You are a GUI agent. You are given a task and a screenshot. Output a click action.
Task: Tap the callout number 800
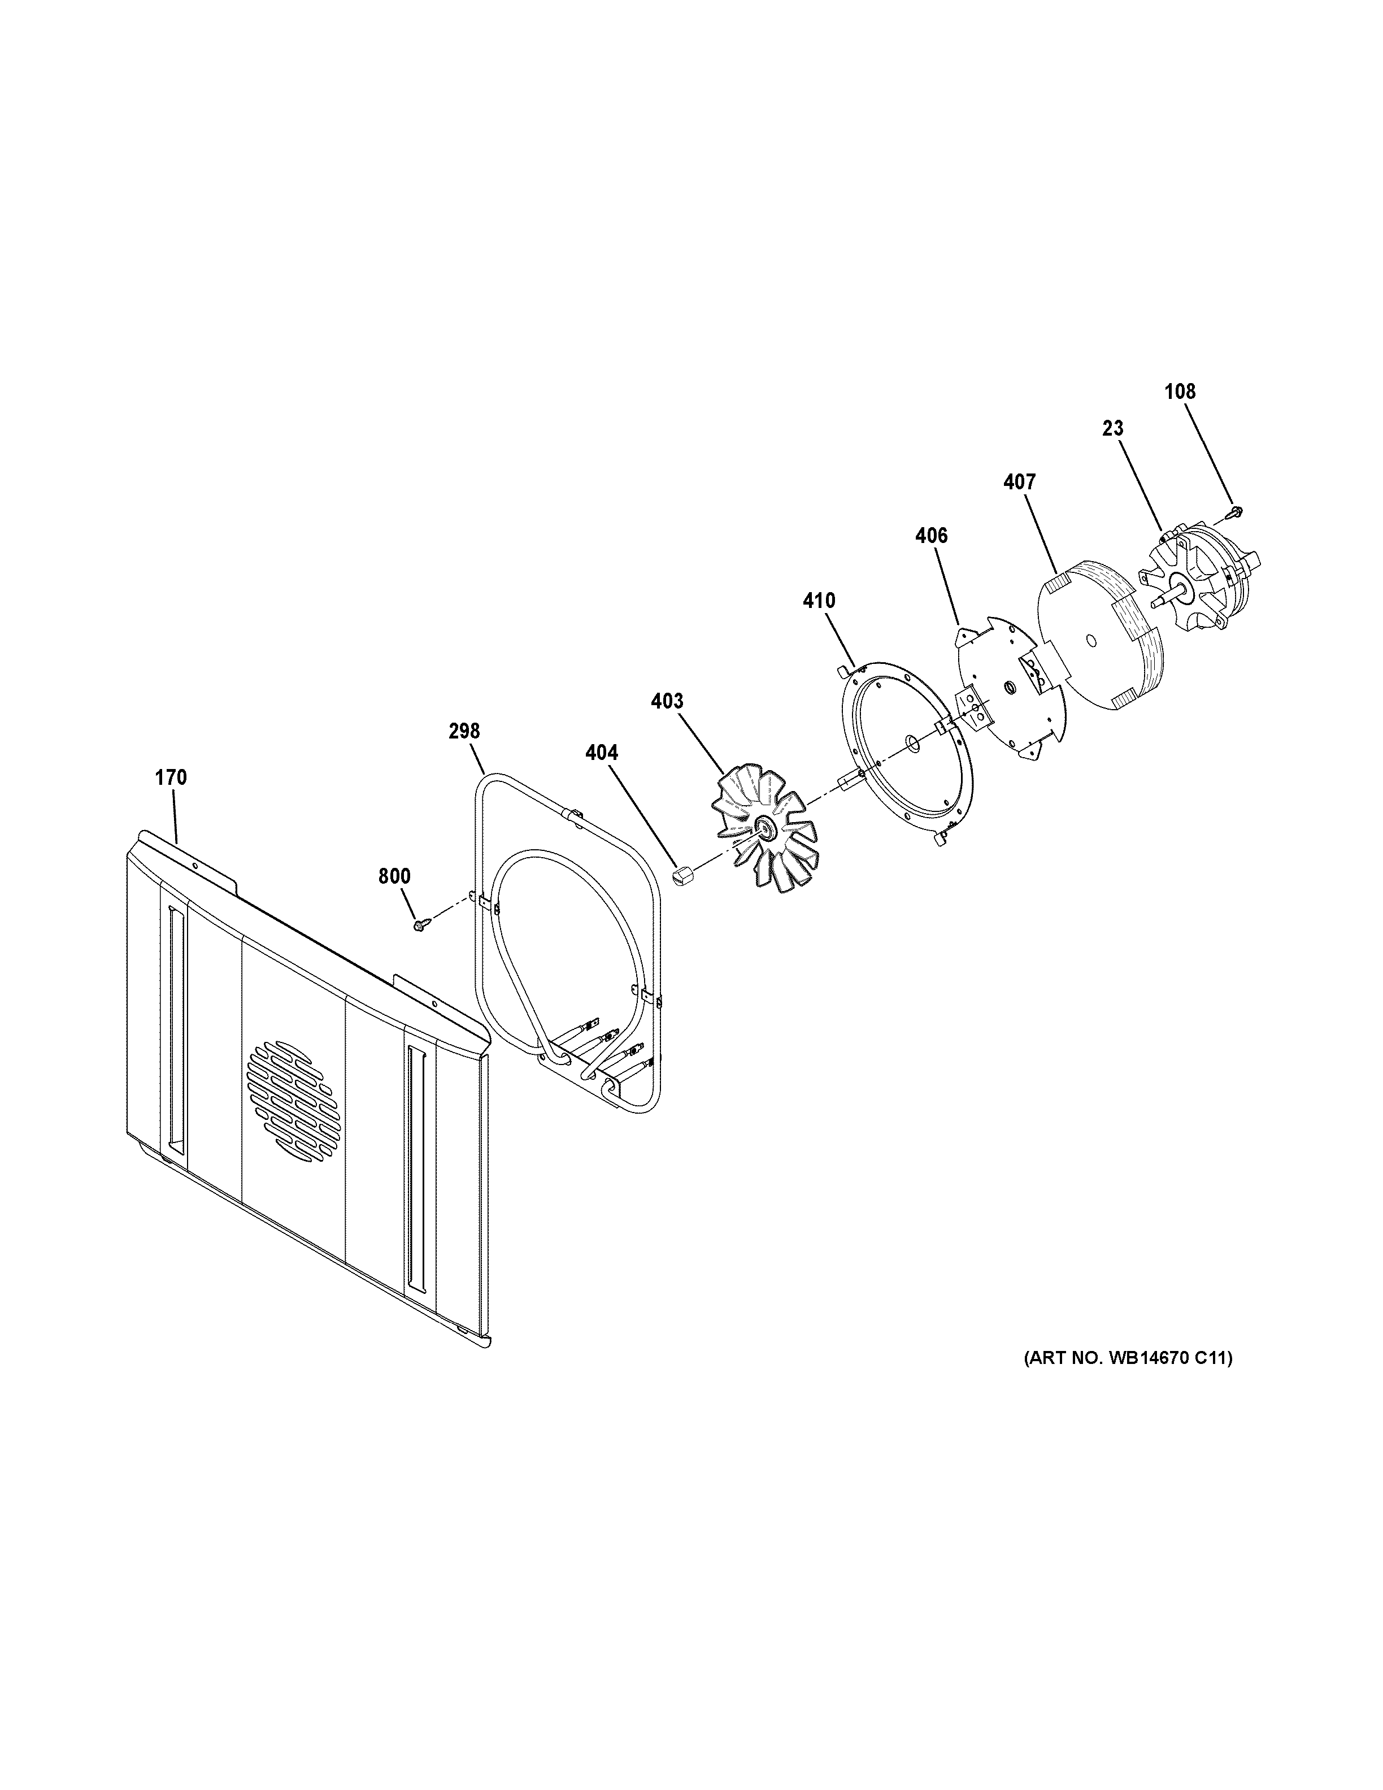click(x=394, y=876)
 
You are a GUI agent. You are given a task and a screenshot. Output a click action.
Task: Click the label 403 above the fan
click(x=667, y=701)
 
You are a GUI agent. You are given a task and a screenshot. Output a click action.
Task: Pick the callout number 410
click(x=819, y=601)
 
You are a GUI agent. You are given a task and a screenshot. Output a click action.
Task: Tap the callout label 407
click(x=1019, y=482)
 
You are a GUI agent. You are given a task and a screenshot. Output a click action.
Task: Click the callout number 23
click(x=1112, y=428)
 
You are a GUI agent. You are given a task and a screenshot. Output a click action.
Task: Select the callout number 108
click(x=1180, y=392)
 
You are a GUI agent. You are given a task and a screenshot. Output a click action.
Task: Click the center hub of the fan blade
click(x=766, y=829)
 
